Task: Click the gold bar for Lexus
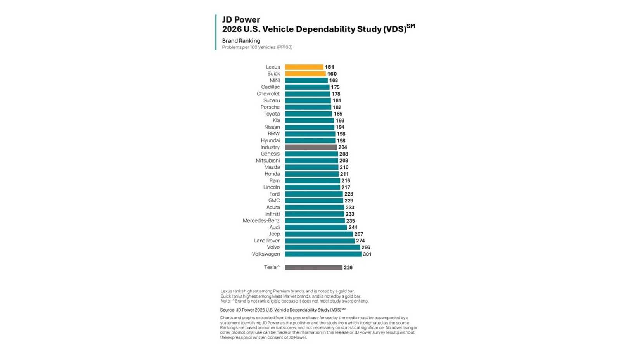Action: [x=304, y=67]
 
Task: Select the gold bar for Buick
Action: [x=305, y=74]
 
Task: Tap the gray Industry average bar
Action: [x=311, y=147]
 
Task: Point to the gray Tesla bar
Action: [x=314, y=267]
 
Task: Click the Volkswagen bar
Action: [x=323, y=254]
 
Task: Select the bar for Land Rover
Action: [x=320, y=241]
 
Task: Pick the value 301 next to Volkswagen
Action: [x=367, y=254]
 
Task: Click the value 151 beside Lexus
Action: [x=329, y=67]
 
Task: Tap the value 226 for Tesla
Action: [x=348, y=267]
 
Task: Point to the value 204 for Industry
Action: [x=342, y=147]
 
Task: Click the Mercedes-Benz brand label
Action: [x=261, y=221]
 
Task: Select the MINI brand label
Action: [x=275, y=80]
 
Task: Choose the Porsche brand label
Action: [x=270, y=107]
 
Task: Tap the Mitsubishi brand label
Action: [x=268, y=161]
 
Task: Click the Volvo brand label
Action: [x=273, y=247]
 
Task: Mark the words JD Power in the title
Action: [x=241, y=19]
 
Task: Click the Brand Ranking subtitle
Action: [x=241, y=41]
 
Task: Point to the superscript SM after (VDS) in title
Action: [x=411, y=26]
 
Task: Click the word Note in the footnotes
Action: [x=225, y=301]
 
